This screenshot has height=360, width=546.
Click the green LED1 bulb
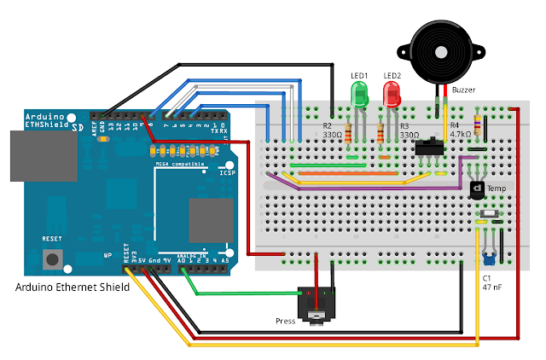(360, 95)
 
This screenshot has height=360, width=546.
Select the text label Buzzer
(463, 89)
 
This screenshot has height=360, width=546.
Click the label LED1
(359, 75)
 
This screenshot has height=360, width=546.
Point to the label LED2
(392, 75)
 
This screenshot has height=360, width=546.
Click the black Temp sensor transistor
(478, 188)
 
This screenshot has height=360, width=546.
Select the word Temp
(497, 187)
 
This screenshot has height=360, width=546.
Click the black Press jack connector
(317, 301)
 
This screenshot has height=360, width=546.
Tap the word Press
(286, 321)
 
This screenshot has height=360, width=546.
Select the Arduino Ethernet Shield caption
(73, 287)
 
